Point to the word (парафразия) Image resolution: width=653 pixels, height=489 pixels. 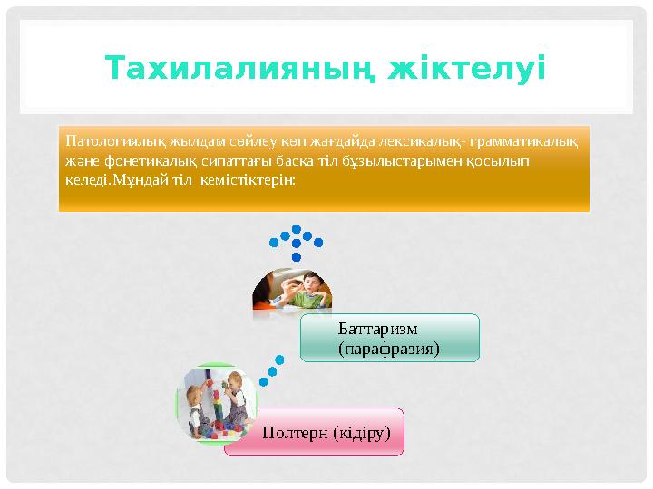(387, 348)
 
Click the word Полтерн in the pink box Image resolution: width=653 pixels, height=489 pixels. (296, 432)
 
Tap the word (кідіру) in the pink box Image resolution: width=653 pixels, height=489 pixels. (363, 432)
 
